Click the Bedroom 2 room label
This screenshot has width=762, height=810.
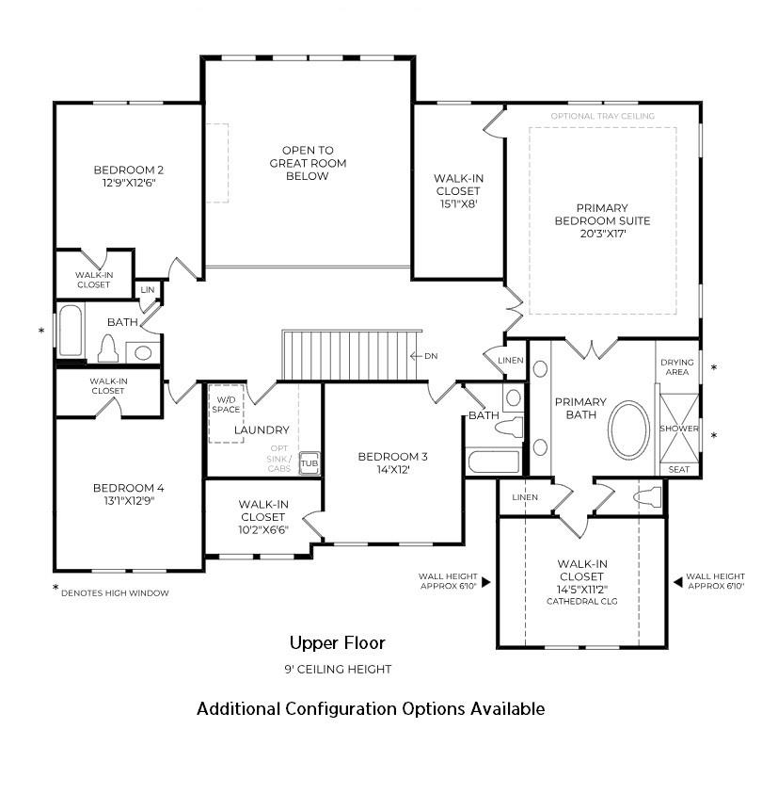click(x=129, y=170)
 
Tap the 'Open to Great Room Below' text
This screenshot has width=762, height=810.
click(x=308, y=163)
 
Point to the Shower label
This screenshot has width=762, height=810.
click(x=678, y=429)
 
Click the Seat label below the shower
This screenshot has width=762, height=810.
click(x=678, y=469)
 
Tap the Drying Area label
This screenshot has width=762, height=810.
click(x=676, y=366)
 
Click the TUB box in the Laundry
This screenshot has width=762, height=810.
click(x=309, y=464)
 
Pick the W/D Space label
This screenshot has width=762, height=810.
click(x=226, y=403)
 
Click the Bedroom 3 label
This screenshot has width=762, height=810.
click(x=392, y=457)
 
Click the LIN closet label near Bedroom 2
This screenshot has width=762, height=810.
click(x=148, y=290)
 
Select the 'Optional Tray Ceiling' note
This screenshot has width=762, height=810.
click(x=603, y=117)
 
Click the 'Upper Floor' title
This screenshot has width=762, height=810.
click(x=337, y=643)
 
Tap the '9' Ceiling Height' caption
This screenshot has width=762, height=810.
click(x=337, y=670)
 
